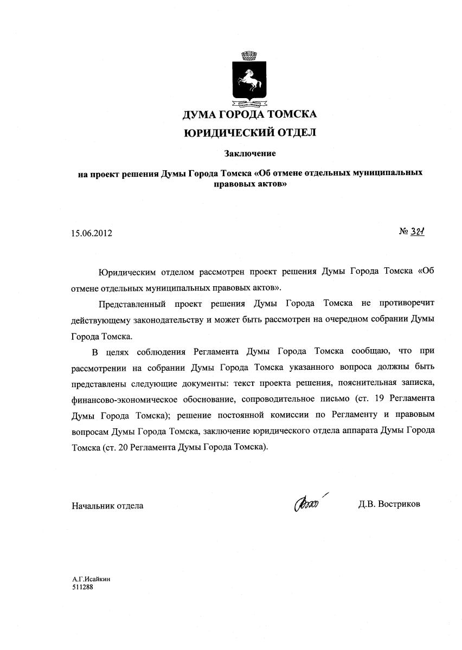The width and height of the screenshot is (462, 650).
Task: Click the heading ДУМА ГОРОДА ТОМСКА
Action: tap(249, 114)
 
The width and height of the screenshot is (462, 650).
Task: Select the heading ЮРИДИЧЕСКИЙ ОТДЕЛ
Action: tap(249, 132)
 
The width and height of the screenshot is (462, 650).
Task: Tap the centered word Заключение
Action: tap(250, 153)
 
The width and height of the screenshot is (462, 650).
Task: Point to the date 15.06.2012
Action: tap(91, 234)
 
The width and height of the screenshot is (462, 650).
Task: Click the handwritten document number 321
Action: tap(416, 231)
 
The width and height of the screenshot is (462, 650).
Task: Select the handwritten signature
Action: tap(309, 504)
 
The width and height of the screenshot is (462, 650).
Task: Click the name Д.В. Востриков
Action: tap(389, 505)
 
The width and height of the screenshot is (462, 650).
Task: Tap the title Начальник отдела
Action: tap(107, 505)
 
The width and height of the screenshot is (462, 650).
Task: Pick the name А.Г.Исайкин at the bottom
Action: tap(87, 579)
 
